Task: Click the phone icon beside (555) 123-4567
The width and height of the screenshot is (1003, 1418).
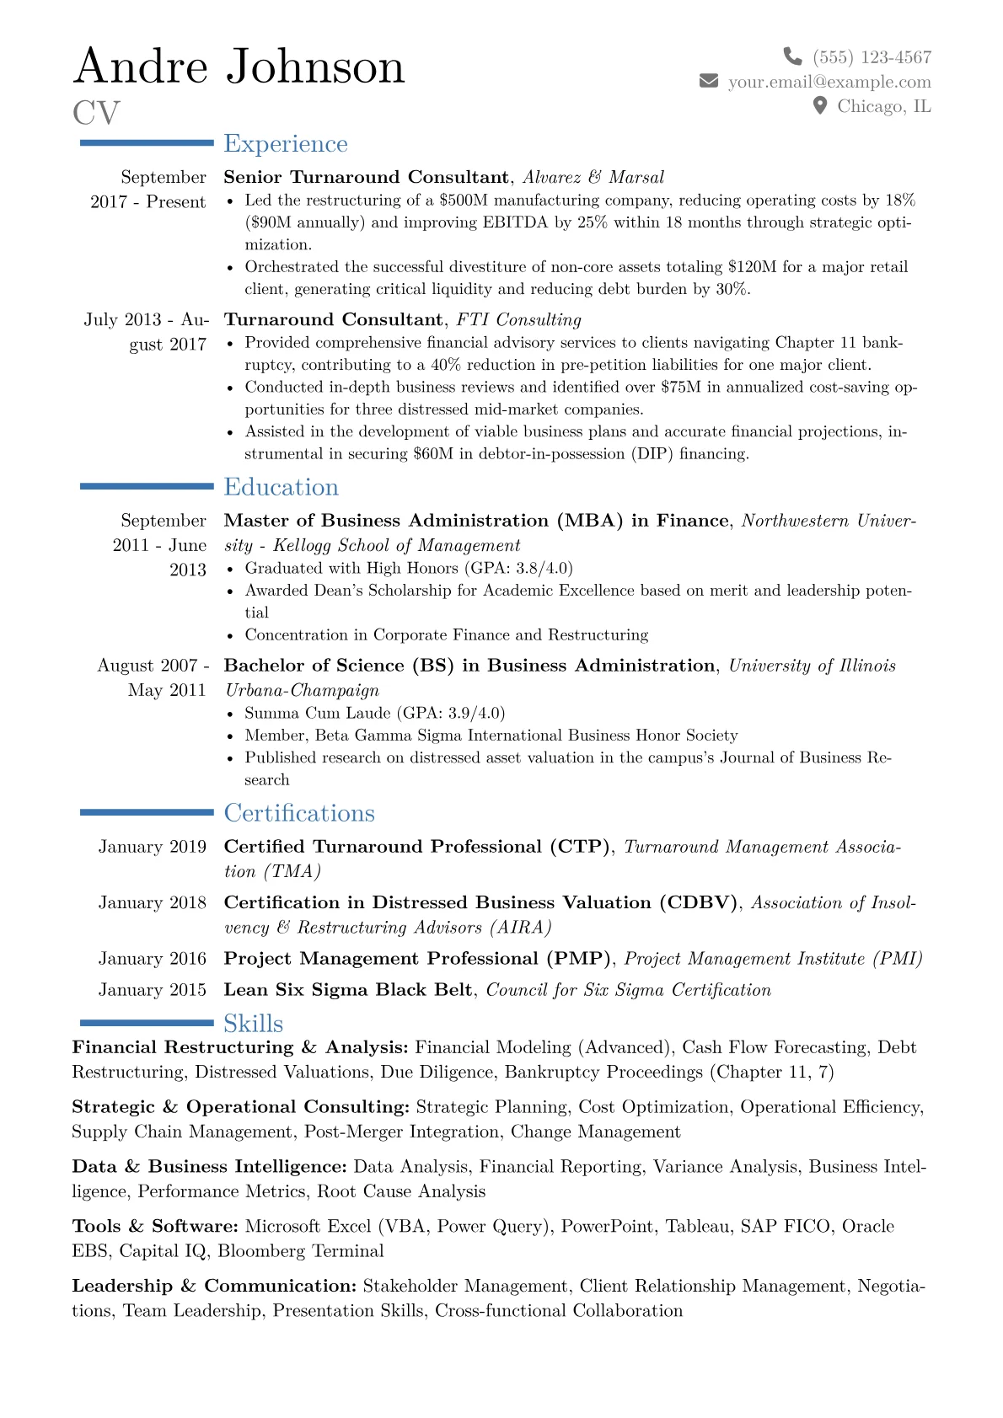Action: pyautogui.click(x=792, y=56)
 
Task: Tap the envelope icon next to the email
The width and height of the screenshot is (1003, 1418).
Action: pyautogui.click(x=709, y=81)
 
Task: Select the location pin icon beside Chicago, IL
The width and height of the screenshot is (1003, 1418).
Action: pyautogui.click(x=819, y=105)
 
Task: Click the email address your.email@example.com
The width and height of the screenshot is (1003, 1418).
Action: pyautogui.click(x=829, y=82)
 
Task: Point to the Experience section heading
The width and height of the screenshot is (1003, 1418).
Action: pyautogui.click(x=286, y=144)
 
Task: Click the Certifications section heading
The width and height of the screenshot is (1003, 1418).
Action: pyautogui.click(x=299, y=813)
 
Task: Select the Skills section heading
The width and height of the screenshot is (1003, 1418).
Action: pyautogui.click(x=253, y=1024)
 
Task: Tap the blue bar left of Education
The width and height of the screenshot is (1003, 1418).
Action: pyautogui.click(x=147, y=486)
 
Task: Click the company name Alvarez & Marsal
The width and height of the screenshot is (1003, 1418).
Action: pyautogui.click(x=593, y=177)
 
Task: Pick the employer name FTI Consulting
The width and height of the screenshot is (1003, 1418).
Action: pyautogui.click(x=518, y=319)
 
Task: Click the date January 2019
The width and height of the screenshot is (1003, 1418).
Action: pyautogui.click(x=152, y=847)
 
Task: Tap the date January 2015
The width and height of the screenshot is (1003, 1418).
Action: pyautogui.click(x=152, y=990)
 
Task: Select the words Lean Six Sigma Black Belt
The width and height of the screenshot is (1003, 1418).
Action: pyautogui.click(x=347, y=990)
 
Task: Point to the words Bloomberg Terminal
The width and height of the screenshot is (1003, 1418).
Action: pyautogui.click(x=300, y=1251)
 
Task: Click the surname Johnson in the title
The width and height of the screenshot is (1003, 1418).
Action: pyautogui.click(x=315, y=67)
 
